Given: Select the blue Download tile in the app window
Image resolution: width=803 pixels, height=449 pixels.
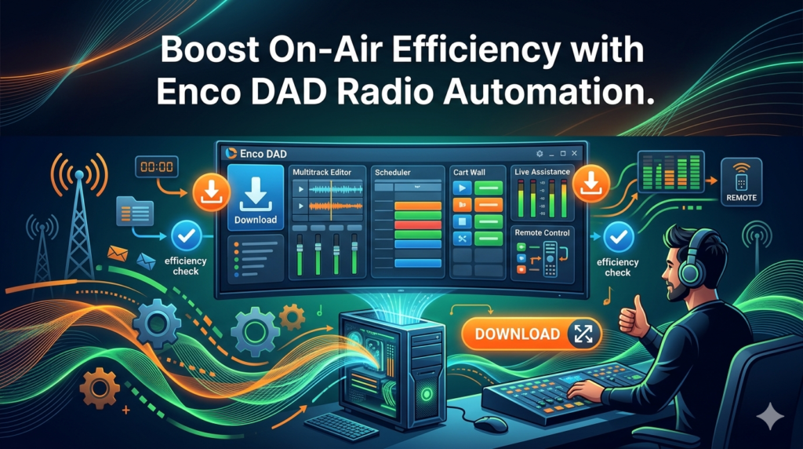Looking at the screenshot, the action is click(255, 197).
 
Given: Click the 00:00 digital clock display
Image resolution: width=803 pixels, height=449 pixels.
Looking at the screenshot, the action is click(157, 166).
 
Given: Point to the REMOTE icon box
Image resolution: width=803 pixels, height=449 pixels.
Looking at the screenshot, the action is click(741, 182).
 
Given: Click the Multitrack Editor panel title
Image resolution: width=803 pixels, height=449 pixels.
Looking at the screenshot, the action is click(322, 172).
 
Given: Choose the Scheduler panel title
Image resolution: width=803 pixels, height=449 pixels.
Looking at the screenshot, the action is click(393, 172).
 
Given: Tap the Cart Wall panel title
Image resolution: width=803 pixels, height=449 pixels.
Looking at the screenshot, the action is click(469, 172).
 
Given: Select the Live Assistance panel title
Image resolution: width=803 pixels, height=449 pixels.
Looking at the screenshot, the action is click(543, 172).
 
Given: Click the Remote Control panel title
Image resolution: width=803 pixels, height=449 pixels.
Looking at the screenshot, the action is click(543, 232).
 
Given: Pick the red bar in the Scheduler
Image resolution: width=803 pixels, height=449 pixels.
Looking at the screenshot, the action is click(418, 224).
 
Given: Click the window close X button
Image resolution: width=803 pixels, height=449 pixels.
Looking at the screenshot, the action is click(575, 153).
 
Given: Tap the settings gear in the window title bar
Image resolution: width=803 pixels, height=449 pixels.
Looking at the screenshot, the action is click(540, 153).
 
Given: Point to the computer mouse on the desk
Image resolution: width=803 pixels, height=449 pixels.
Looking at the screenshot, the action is click(490, 423).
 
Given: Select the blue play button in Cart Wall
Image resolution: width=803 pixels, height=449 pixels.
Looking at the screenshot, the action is click(462, 188).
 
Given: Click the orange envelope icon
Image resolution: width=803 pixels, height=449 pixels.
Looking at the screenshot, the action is click(118, 254).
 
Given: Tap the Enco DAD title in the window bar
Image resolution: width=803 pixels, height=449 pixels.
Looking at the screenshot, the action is click(263, 154).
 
